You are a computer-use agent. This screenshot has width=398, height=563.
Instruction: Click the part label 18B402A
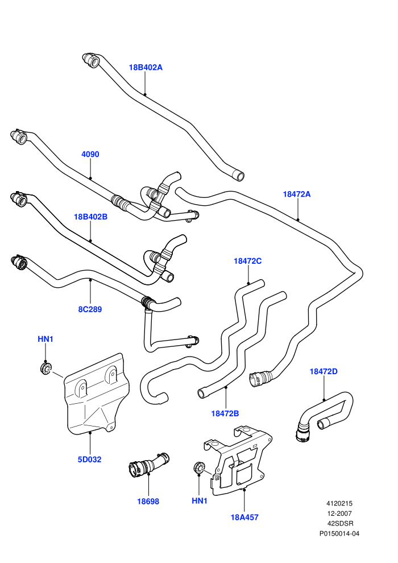tap(146, 67)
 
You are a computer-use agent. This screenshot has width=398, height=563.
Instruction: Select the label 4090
tap(90, 154)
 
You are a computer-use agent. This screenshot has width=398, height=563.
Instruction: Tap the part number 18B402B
tap(90, 217)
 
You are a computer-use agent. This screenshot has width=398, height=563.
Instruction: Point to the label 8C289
tap(90, 309)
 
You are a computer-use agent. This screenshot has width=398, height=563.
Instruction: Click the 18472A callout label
tap(297, 194)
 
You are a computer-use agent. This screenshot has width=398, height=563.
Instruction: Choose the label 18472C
tap(248, 261)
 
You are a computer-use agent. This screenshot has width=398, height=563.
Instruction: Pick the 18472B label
tap(225, 413)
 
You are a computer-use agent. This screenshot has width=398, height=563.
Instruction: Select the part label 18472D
tap(324, 371)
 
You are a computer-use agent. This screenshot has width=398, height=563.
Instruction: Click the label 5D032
tap(89, 459)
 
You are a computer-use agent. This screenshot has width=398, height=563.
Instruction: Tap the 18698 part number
tap(148, 501)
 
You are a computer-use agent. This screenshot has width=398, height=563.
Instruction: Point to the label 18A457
tap(244, 518)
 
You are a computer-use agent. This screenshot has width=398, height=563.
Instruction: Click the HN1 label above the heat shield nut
tap(45, 339)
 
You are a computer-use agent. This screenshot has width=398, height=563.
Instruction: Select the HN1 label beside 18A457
tap(200, 501)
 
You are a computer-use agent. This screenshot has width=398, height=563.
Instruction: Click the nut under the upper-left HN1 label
tap(46, 368)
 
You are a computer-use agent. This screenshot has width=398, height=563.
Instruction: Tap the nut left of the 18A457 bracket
tap(199, 468)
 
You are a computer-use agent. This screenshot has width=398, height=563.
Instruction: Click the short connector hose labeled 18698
tap(148, 465)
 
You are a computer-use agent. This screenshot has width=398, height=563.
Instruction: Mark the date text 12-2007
tap(339, 514)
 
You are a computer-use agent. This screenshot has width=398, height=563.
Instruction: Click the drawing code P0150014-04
tap(339, 533)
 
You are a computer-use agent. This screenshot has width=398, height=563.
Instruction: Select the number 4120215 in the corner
tap(339, 503)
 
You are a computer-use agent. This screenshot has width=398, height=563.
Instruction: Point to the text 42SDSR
tap(340, 524)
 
